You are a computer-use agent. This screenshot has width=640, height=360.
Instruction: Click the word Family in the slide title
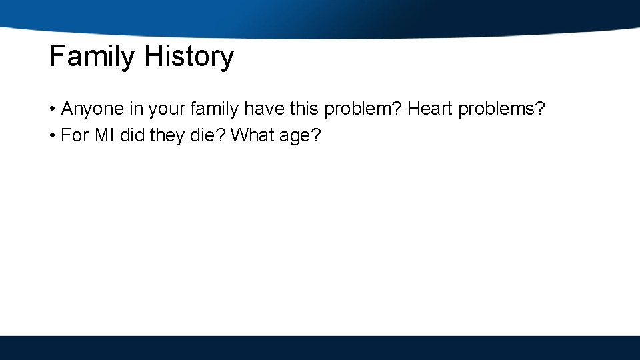(x=92, y=57)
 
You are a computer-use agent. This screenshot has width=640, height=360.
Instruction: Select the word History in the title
(x=189, y=57)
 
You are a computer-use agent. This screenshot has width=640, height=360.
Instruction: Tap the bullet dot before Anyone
(x=52, y=109)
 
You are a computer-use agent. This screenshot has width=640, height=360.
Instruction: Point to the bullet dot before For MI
(x=52, y=136)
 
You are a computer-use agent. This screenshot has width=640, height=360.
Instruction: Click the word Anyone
(x=92, y=109)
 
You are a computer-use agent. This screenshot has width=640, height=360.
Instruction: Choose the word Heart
(x=430, y=109)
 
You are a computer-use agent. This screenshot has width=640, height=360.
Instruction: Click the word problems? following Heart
(x=502, y=109)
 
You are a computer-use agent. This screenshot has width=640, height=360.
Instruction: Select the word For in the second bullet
(x=75, y=136)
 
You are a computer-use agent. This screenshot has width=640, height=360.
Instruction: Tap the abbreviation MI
(x=104, y=136)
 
